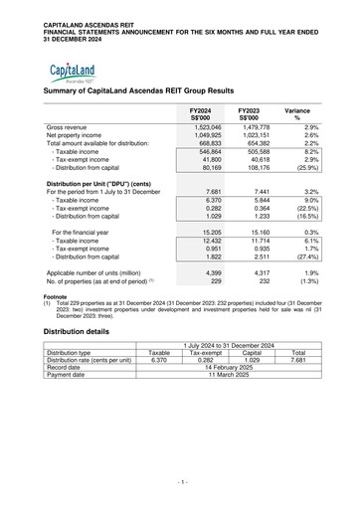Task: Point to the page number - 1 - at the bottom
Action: pos(180,481)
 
